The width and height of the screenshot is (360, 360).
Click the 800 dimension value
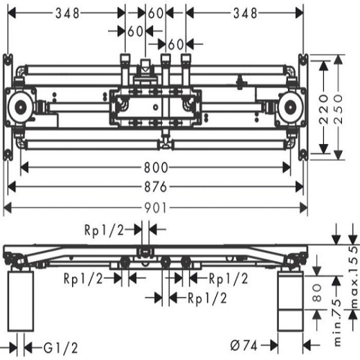click(156, 168)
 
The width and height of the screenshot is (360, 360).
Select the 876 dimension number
click(156, 187)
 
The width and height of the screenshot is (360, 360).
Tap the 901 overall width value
click(155, 208)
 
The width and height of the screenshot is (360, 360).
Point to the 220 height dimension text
click(324, 109)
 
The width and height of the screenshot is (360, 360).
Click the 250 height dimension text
click(339, 109)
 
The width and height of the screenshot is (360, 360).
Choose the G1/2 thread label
click(61, 348)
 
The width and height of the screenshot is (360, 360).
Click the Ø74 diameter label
click(244, 345)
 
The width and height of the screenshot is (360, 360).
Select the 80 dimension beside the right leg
click(317, 293)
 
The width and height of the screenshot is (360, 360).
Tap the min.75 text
click(337, 323)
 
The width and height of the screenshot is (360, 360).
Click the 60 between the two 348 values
click(156, 13)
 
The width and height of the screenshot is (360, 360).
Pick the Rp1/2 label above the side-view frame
click(105, 230)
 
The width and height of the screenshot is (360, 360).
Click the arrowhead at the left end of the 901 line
click(8, 208)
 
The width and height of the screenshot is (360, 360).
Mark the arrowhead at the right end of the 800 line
click(287, 168)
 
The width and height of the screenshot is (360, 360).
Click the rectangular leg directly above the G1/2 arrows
click(21, 301)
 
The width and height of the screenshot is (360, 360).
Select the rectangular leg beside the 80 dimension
click(290, 301)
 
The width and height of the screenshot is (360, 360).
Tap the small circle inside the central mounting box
click(156, 107)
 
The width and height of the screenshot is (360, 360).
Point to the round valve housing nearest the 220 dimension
click(290, 107)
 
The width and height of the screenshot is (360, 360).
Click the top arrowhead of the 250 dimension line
click(339, 60)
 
